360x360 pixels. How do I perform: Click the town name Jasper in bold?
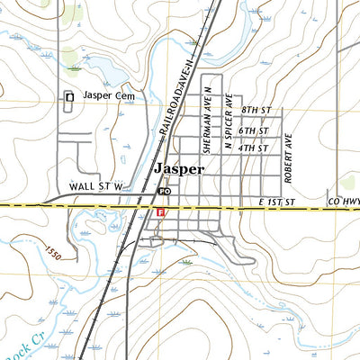[x=179, y=169]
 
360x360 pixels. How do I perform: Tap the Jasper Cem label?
[x=108, y=95]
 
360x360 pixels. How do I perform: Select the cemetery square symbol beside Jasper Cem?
[x=68, y=97]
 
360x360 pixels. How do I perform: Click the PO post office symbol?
[x=164, y=192]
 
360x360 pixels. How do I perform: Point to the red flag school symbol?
[x=160, y=212]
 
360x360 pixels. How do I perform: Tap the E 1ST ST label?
[x=276, y=204]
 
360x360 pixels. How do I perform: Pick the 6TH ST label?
[x=255, y=131]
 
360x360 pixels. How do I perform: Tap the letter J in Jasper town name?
[x=158, y=169]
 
